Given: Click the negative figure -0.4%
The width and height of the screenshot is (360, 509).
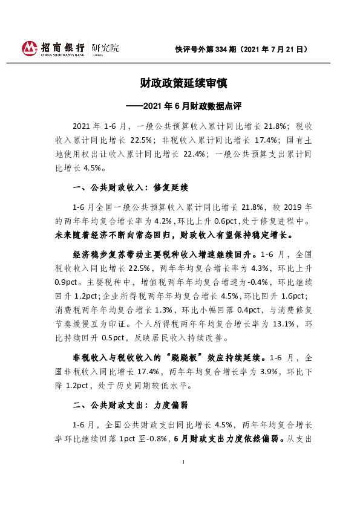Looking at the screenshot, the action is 252,281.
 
